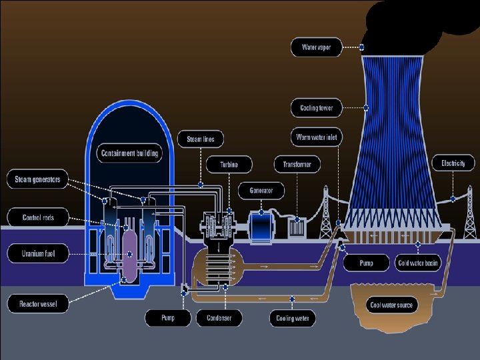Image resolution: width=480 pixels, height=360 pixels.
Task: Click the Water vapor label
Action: pos(317,47)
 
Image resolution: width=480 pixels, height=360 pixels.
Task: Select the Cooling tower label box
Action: pos(317,107)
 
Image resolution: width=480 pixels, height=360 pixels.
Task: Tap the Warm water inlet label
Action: pos(317,138)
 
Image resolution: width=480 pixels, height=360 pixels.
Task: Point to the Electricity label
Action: pos(453,163)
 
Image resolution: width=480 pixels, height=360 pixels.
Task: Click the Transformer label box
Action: pos(297,164)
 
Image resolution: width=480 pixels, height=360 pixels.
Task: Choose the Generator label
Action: pos(261,191)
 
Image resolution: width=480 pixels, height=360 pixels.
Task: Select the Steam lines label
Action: pos(201,139)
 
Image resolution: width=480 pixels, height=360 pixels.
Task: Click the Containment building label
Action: pos(130,153)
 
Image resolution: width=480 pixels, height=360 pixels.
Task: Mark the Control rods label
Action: pos(37,217)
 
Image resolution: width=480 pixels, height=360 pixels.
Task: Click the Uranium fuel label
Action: pos(37,253)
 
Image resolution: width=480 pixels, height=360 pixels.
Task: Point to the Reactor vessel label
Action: pos(37,305)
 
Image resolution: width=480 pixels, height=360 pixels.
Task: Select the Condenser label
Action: pos(218,318)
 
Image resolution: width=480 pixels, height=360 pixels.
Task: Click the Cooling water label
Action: pos(293,318)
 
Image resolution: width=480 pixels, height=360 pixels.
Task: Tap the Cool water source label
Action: pos(391,305)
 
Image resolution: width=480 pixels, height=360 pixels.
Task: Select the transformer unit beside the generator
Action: pos(297,227)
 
